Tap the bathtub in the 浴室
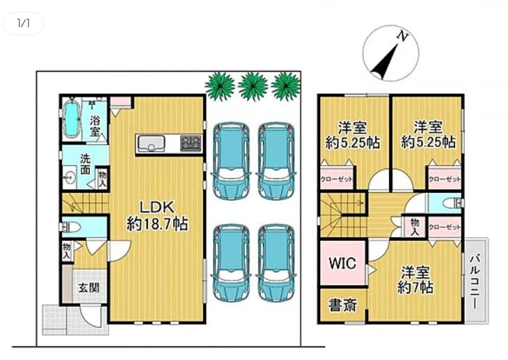coord(71,118)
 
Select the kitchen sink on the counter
coord(151,143)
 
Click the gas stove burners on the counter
coord(191,143)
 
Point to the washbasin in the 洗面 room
coord(69,177)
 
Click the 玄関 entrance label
coord(89,288)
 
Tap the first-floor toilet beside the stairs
coord(70,227)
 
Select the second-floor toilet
coord(452,203)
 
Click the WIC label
coord(343,263)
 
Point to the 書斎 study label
coord(343,305)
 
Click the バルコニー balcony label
coord(475,282)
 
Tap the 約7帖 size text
coord(415,288)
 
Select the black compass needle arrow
coord(384,62)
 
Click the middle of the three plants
coord(253,86)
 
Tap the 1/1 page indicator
coord(24,24)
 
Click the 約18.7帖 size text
coord(157,224)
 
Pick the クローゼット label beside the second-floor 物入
coord(445,228)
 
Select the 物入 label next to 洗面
coord(102,180)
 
